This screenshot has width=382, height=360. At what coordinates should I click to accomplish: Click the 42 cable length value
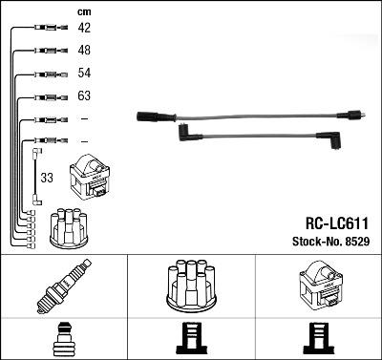point(84,28)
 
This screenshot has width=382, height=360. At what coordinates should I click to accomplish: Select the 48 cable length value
point(84,50)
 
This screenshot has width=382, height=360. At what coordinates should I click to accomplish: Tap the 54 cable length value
point(84,73)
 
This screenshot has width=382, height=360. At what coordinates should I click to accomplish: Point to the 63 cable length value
point(84,95)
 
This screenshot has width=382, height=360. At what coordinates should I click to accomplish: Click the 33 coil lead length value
point(46,177)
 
